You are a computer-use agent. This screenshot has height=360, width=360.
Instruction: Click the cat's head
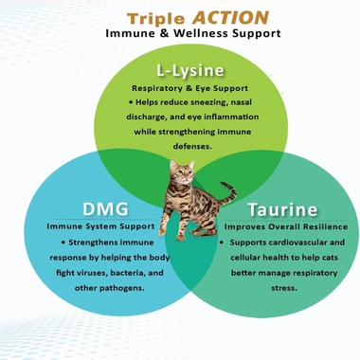coord(181,171)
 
